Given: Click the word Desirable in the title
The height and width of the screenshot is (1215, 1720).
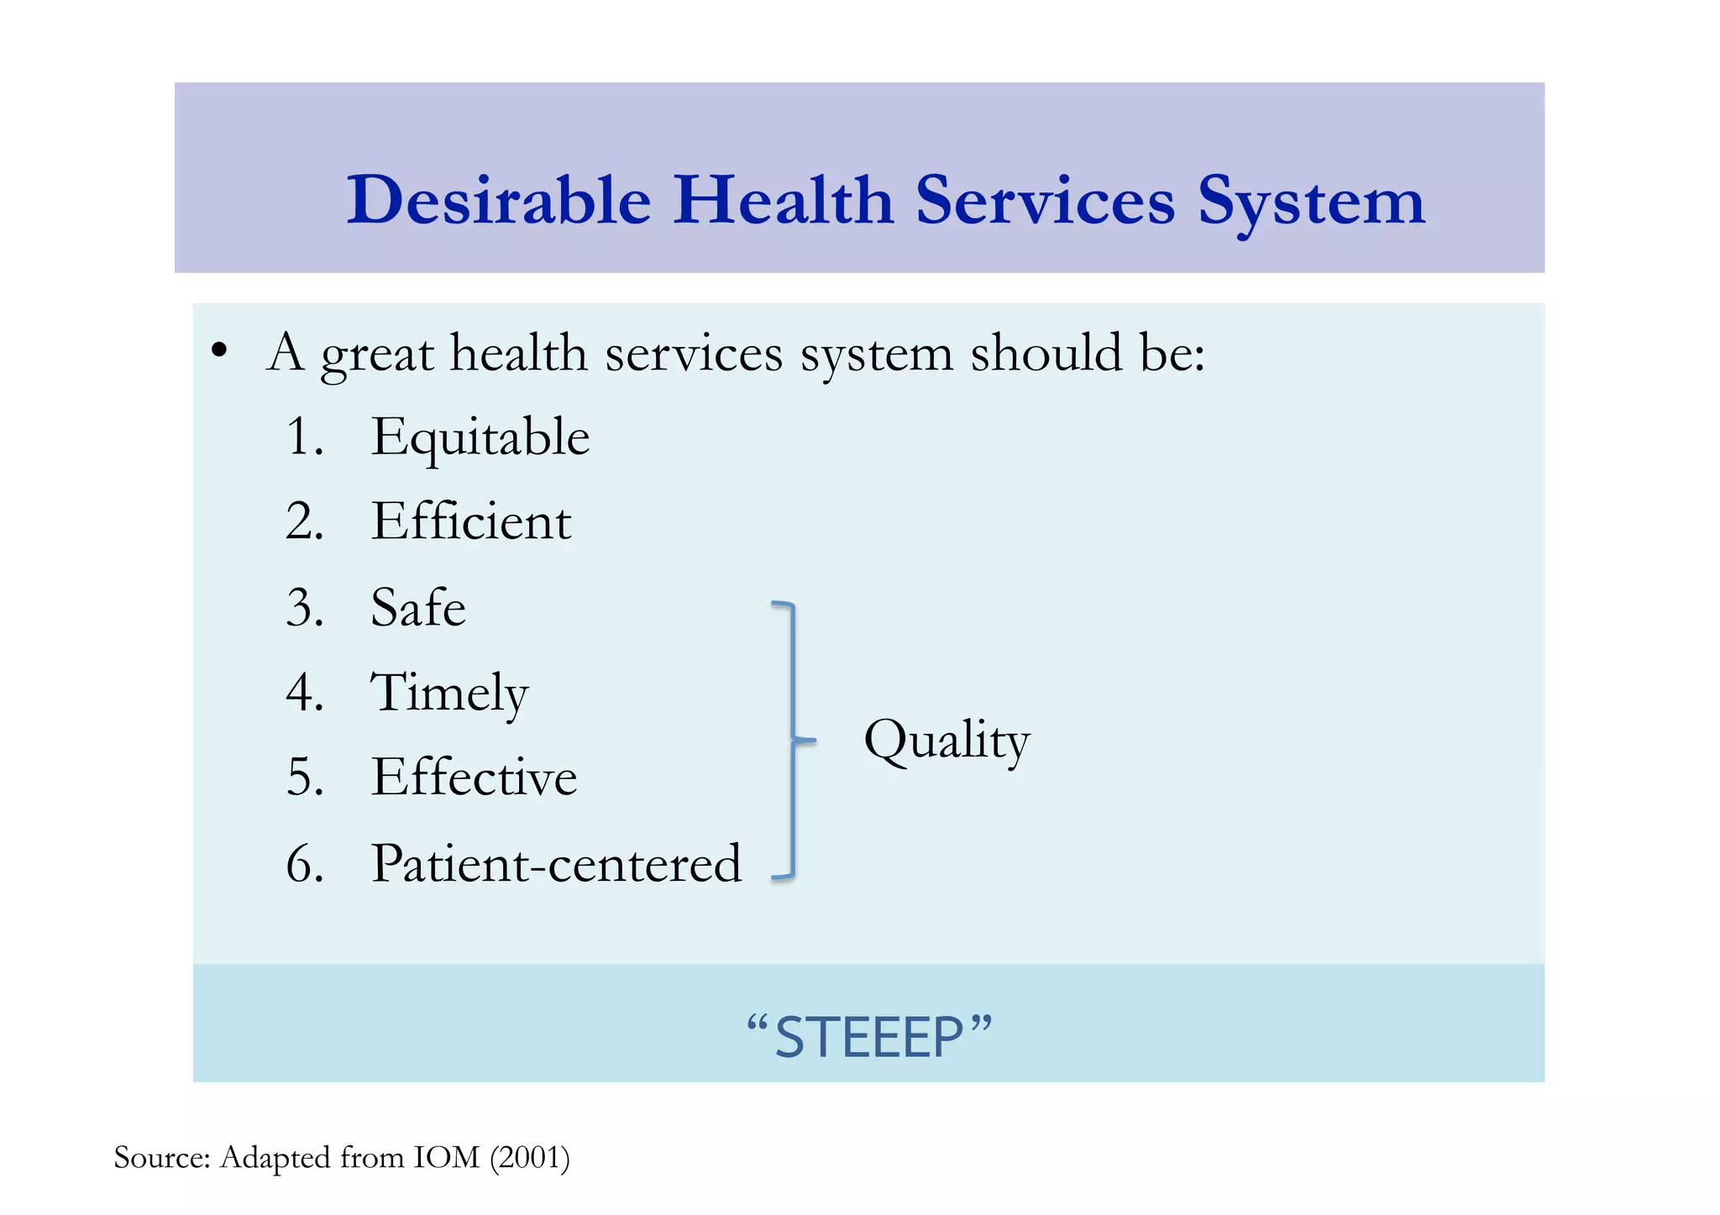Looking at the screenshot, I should click(x=499, y=201).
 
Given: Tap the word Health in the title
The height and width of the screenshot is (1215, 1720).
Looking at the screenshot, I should click(x=783, y=201).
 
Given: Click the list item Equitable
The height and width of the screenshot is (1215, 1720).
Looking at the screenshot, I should click(x=480, y=438).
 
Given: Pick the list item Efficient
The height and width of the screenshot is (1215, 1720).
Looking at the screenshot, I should click(x=471, y=521).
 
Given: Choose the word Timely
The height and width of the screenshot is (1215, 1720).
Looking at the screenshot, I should click(x=449, y=694).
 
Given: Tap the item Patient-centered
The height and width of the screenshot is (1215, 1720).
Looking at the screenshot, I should click(x=556, y=863).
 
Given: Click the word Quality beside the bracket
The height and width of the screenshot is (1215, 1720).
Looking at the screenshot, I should click(x=947, y=741).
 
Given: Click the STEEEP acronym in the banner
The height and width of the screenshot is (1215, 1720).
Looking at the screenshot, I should click(x=868, y=1036).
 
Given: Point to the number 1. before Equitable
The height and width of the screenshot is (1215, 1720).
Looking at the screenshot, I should click(x=304, y=437).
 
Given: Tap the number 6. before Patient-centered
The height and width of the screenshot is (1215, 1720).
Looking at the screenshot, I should click(x=304, y=863).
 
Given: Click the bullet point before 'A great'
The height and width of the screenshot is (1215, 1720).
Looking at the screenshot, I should click(x=219, y=351).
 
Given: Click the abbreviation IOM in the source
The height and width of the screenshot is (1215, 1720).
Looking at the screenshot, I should click(x=446, y=1158).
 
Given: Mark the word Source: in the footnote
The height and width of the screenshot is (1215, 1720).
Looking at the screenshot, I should click(x=161, y=1158).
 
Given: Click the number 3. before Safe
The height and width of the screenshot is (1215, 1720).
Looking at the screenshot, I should click(x=304, y=608).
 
